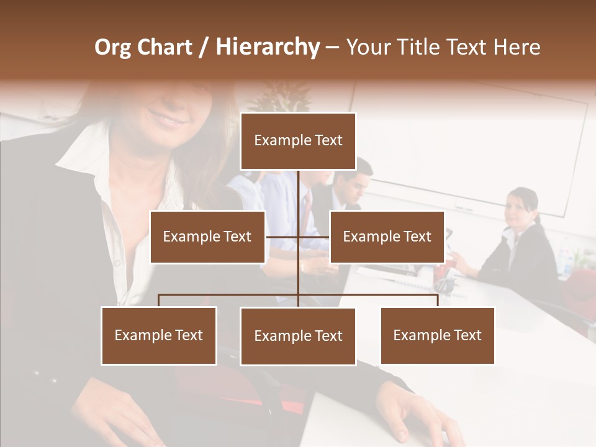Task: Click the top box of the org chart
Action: tap(298, 141)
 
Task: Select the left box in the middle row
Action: tap(207, 237)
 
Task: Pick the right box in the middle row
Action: tap(387, 237)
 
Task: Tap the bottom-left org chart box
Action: tap(159, 335)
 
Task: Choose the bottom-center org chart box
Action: tap(298, 336)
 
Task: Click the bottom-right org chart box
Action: tap(437, 335)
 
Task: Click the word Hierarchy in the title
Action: tap(268, 47)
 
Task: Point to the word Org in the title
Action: tap(112, 47)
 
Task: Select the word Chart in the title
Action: tap(163, 47)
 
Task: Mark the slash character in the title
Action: tap(203, 48)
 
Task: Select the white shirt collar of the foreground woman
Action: tap(81, 155)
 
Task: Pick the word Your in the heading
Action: tap(367, 47)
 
